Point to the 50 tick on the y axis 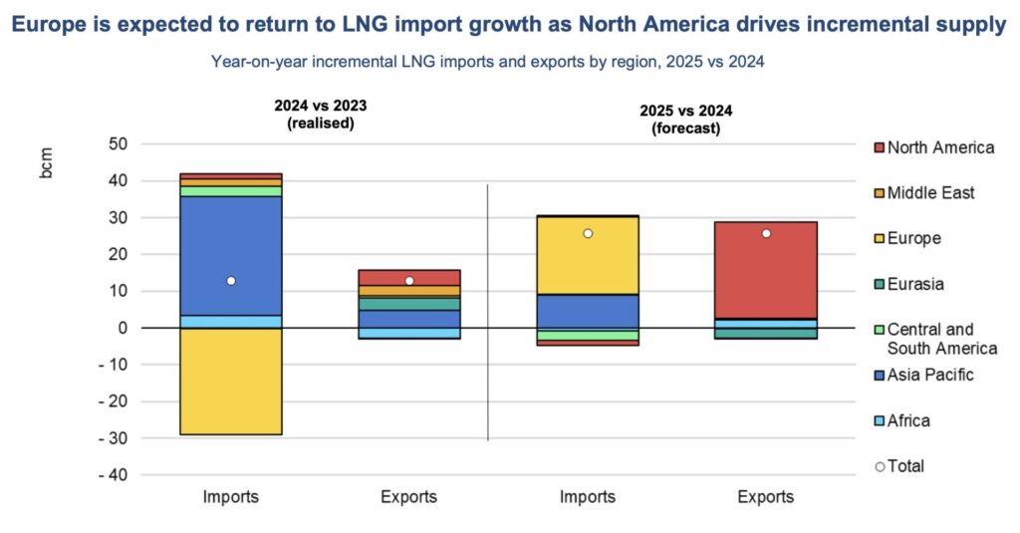tap(119, 144)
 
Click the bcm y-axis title tap(47, 165)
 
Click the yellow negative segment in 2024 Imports tap(230, 381)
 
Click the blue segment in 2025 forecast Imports tap(587, 311)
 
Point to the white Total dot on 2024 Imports tap(230, 281)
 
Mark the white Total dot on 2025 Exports tap(765, 233)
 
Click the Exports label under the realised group tap(408, 497)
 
